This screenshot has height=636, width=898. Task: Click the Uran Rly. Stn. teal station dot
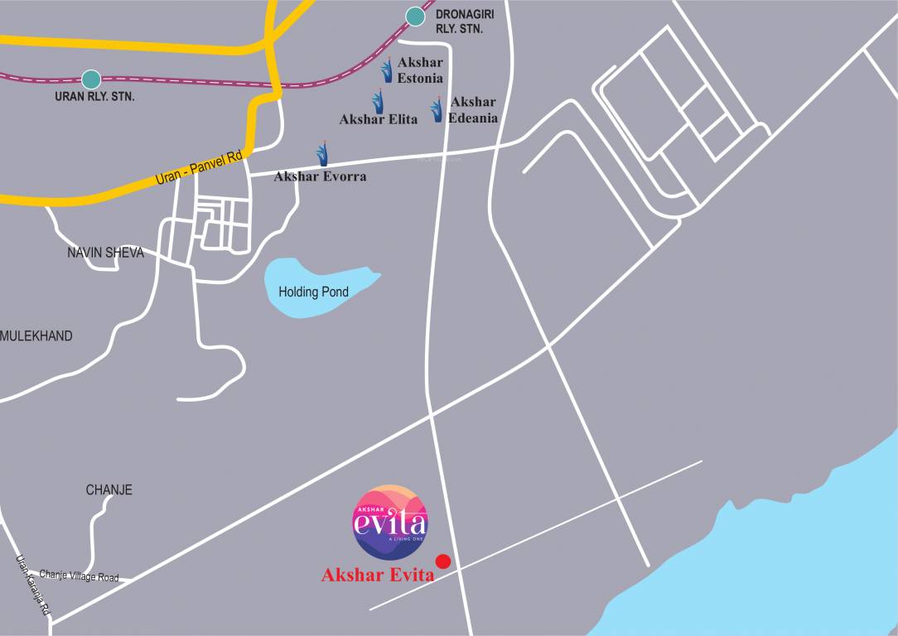91,79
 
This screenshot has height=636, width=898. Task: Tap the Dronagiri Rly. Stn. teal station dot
414,16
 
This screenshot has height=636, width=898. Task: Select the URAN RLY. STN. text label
94,97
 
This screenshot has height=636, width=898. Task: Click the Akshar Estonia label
420,70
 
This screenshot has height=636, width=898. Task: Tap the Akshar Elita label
378,119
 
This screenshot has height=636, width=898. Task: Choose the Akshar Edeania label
473,109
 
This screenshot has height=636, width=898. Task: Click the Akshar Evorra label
320,176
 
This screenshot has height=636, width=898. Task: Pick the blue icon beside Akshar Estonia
387,70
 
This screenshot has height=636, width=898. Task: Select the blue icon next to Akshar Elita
378,103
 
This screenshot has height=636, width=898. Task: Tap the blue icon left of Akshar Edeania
437,109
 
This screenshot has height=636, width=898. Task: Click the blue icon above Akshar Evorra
322,153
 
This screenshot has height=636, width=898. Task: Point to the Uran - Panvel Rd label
199,167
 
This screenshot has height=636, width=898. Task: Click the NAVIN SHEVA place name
105,253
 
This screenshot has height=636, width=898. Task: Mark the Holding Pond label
313,292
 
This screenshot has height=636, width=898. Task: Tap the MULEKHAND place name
36,336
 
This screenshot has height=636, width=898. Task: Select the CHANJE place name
109,490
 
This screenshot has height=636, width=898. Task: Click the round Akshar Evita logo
390,520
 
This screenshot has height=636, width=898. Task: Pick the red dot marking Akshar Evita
443,561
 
